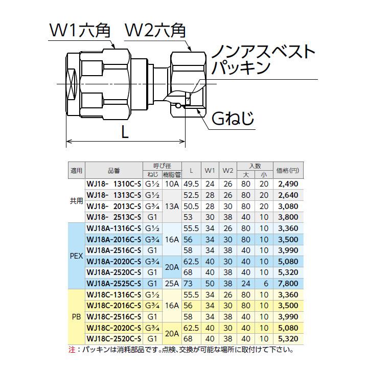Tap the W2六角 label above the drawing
pos(156,32)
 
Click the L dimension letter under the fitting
pos(124,133)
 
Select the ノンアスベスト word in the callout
pos(263,52)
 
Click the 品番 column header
pos(113,170)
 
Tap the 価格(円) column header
pos(287,170)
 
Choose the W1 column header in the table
pos(210,170)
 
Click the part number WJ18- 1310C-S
pos(113,183)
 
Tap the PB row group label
pos(76,316)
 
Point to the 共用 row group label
pos(76,201)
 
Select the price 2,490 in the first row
pos(288,183)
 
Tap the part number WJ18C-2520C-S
pos(113,339)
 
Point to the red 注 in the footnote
pos(71,350)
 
